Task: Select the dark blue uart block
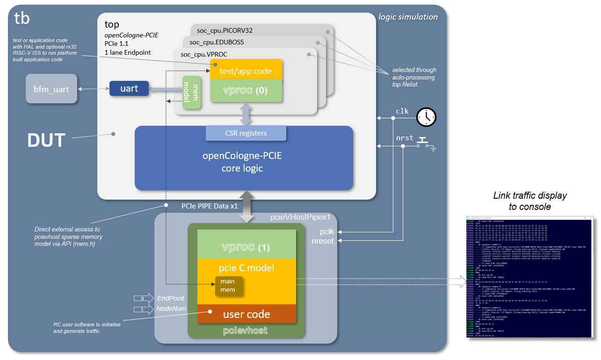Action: [129, 88]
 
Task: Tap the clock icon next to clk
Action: [426, 117]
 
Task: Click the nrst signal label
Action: [405, 138]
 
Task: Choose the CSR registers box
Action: [246, 133]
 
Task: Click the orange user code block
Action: [246, 314]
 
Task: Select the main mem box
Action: [229, 286]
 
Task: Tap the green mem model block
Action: [191, 92]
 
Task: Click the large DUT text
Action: [46, 139]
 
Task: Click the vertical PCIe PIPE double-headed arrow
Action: [246, 206]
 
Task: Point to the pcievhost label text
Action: [245, 331]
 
